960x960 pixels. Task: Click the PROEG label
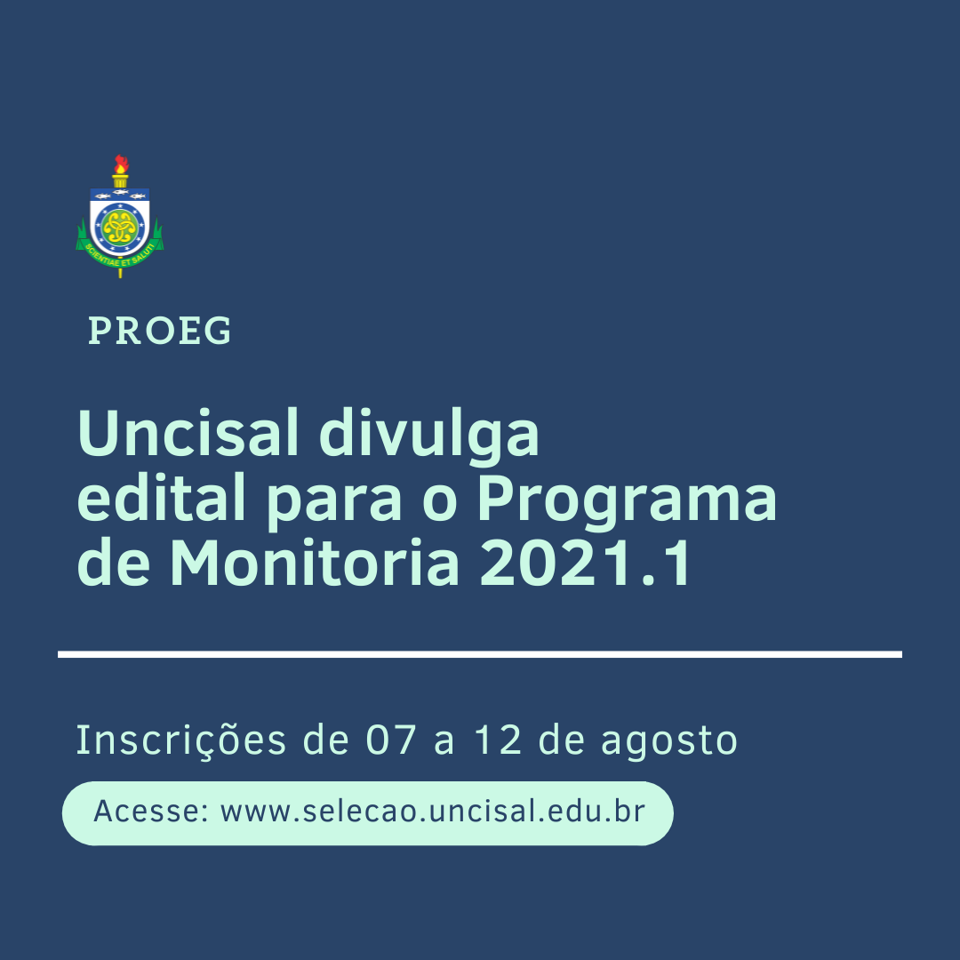160,331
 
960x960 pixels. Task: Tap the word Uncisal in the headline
188,433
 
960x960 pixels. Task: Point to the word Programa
627,502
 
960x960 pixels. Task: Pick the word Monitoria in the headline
314,563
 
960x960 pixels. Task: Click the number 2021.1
586,564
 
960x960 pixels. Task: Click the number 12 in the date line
498,740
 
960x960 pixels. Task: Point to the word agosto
669,743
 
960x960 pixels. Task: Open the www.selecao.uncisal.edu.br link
432,812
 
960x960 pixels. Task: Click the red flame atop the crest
121,164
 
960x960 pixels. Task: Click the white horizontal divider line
480,654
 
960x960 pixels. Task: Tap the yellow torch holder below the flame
120,180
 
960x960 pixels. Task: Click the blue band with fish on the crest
120,195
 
